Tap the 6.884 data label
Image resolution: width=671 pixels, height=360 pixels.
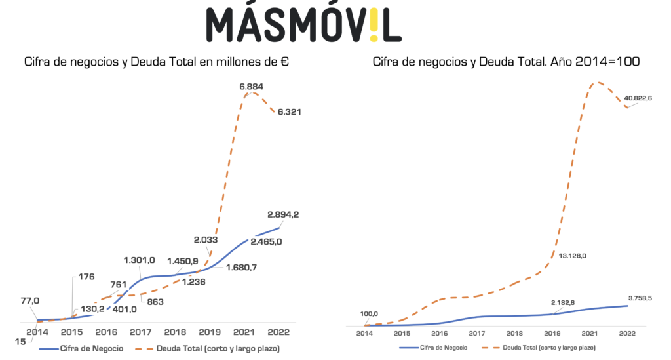coord(252,86)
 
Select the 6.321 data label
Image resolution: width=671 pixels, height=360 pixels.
coord(290,111)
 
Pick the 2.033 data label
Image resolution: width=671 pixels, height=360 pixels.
coord(206,239)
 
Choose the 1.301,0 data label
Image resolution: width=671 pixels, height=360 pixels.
coord(139,261)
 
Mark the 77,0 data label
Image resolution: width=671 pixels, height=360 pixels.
coord(30,300)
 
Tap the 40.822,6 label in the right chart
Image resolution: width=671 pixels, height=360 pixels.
coord(638,98)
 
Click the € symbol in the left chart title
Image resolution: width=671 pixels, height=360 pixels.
coord(284,62)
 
